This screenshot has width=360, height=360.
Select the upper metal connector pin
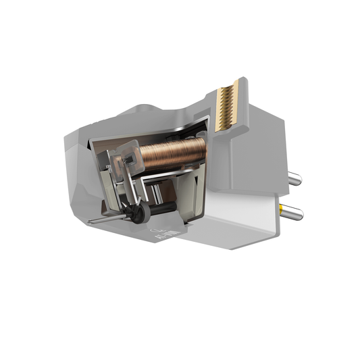pos(294,178)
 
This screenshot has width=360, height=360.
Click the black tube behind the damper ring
pos(157,211)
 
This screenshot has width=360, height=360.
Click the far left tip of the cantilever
pos(93,222)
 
